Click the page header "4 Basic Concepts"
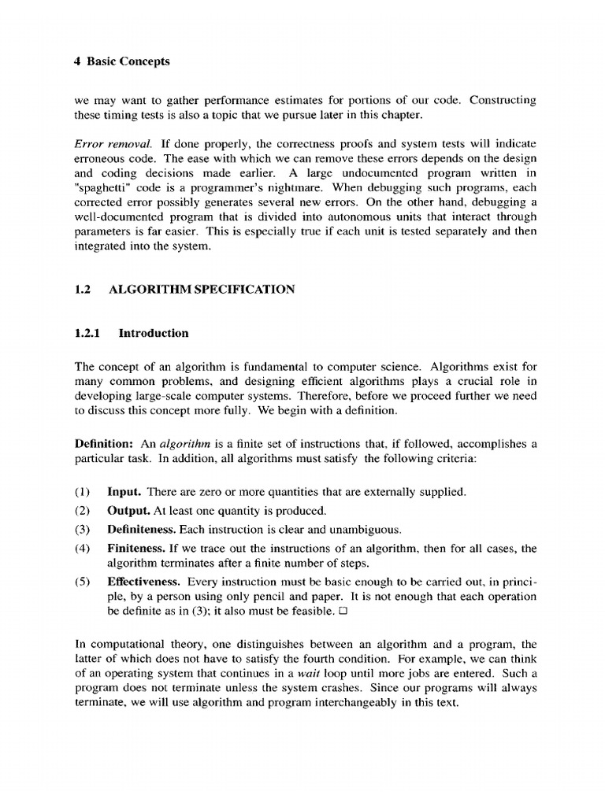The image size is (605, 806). click(122, 61)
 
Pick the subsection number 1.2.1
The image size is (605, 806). click(88, 333)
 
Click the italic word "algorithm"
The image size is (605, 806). click(191, 444)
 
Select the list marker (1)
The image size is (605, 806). click(84, 492)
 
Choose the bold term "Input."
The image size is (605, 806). click(124, 492)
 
